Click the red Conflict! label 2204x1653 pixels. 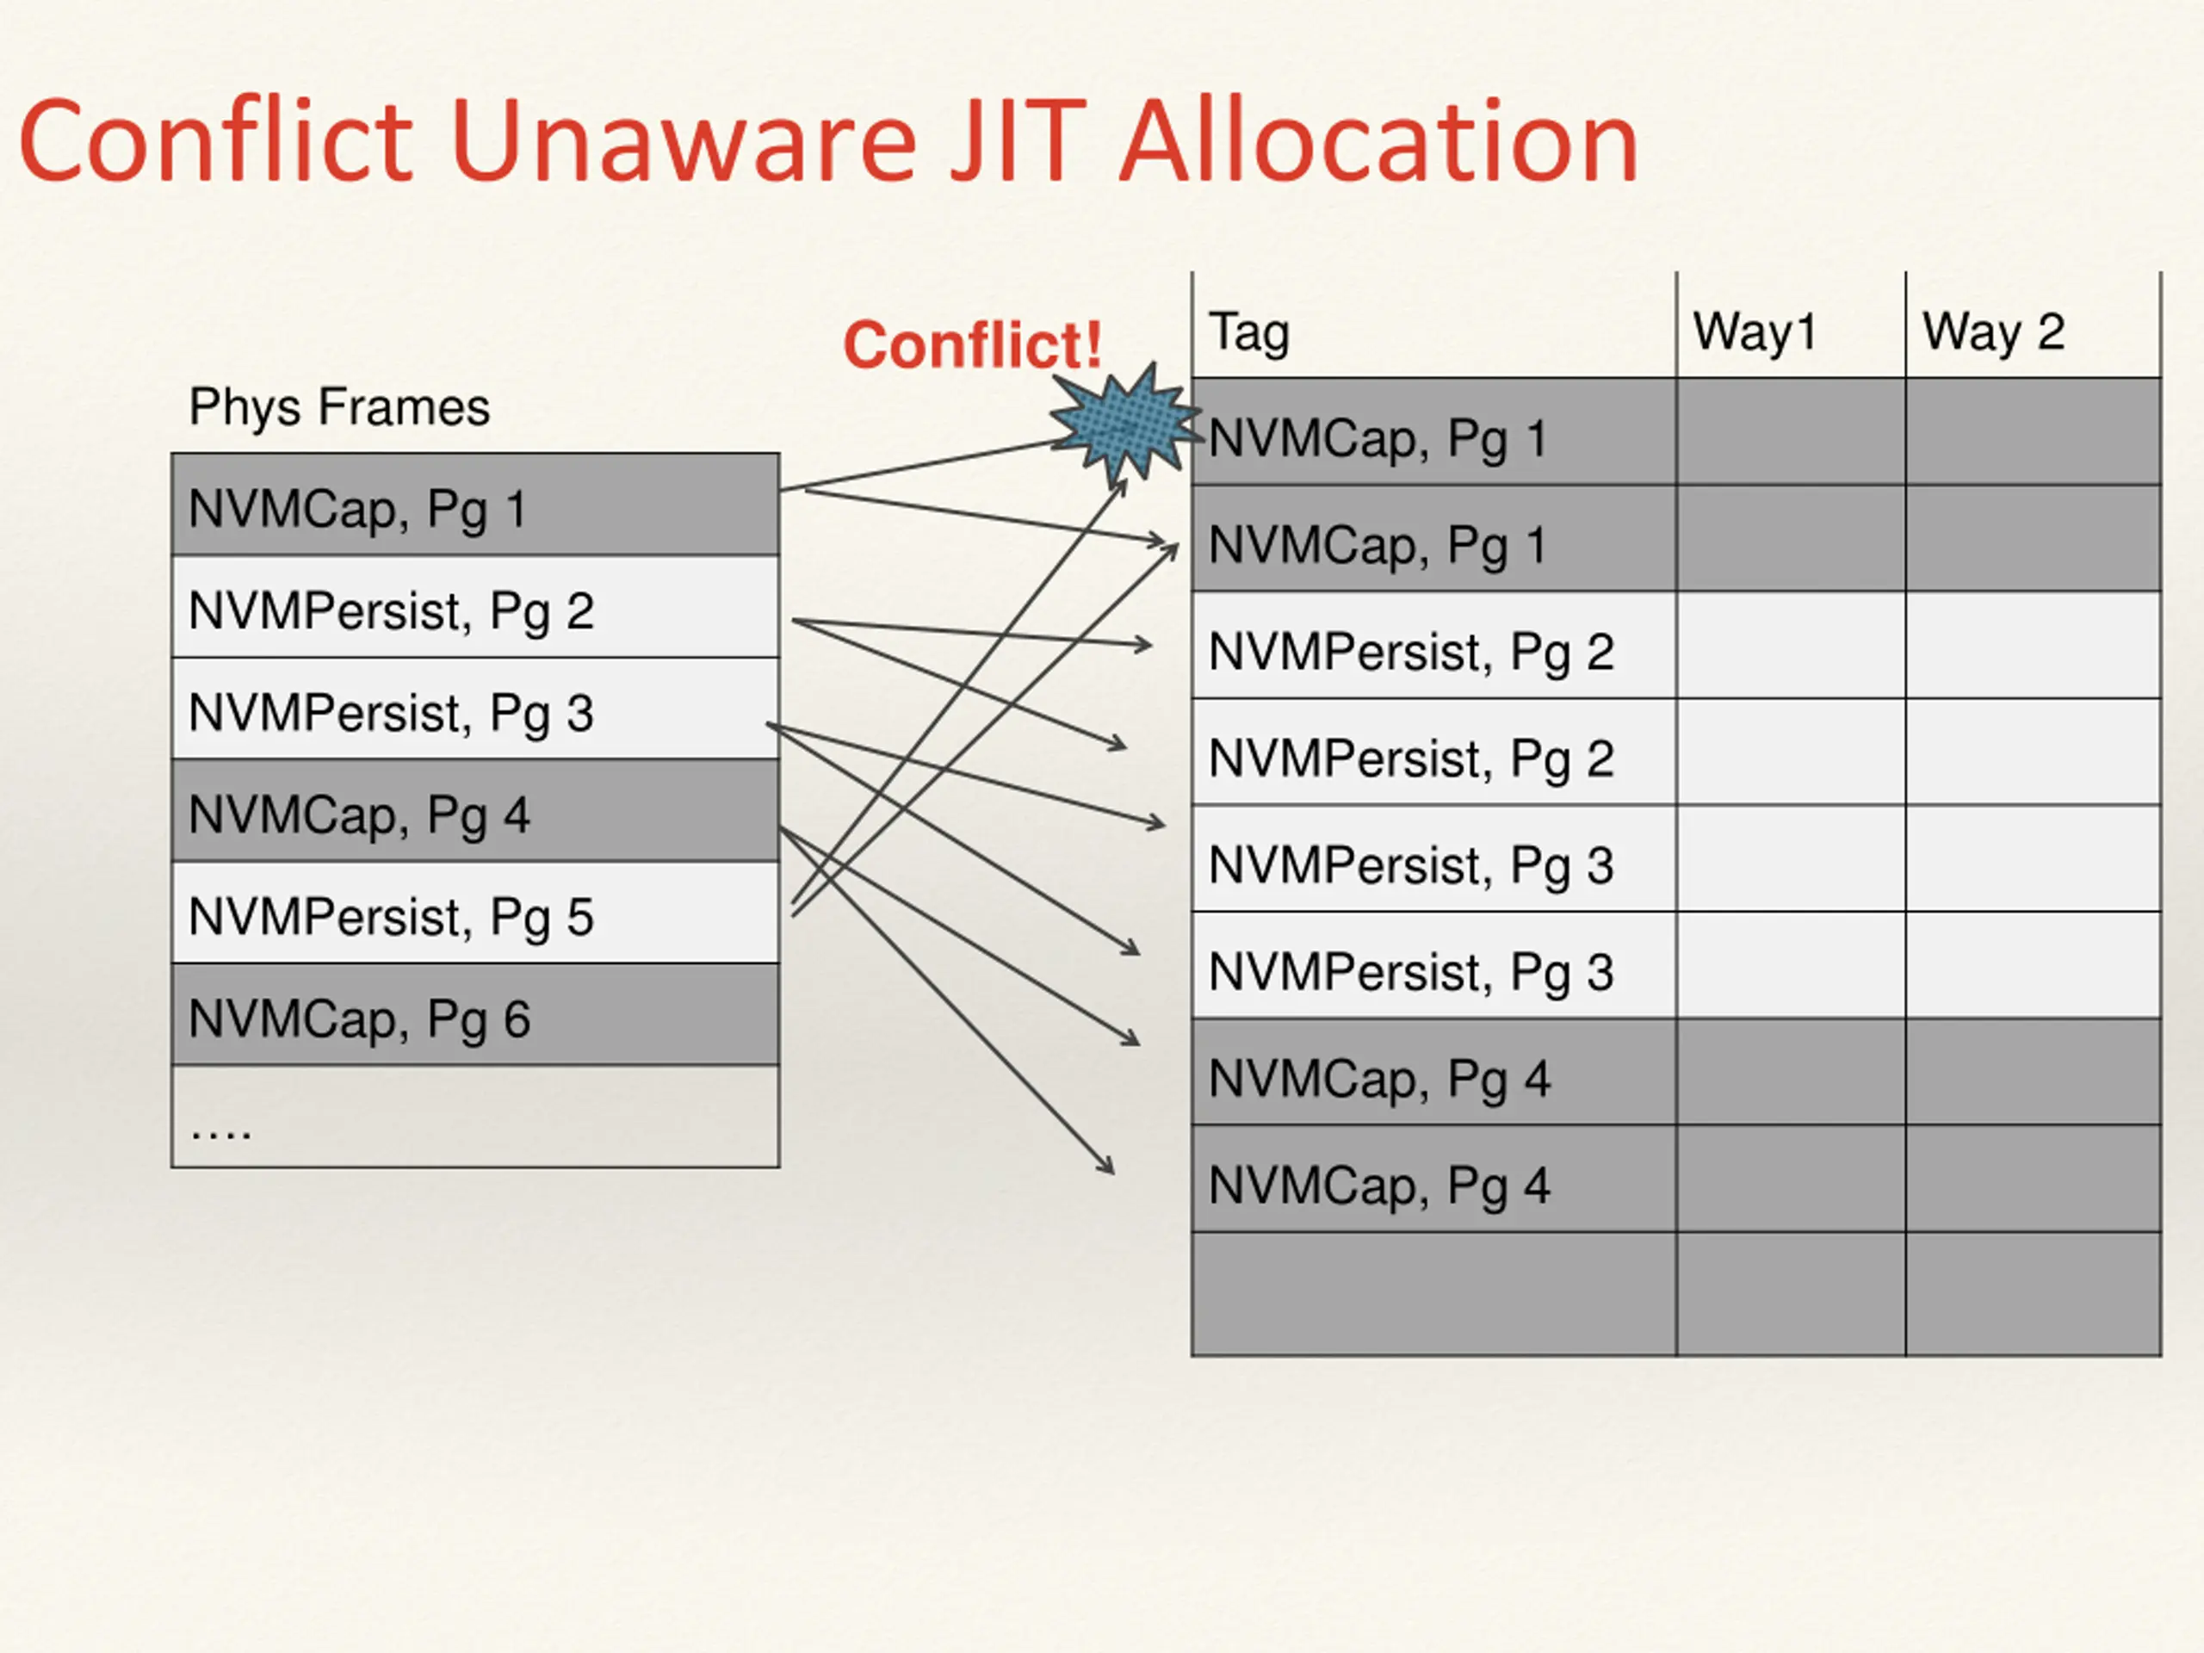[973, 344]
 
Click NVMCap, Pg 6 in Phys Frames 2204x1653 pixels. [359, 1018]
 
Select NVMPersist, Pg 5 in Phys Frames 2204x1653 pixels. [391, 917]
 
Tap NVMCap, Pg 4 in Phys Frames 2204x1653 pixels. [359, 814]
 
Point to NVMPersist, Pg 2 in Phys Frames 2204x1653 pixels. [391, 610]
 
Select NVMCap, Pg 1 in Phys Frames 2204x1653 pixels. [356, 508]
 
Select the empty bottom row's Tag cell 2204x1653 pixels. [1433, 1293]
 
